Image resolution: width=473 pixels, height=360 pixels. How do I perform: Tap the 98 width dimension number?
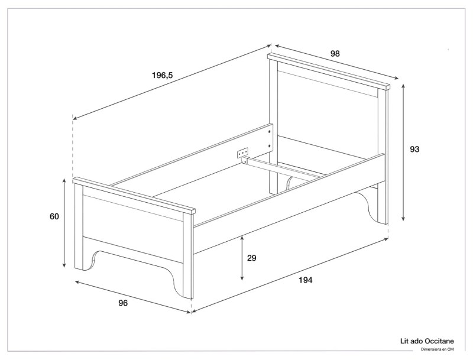click(x=335, y=53)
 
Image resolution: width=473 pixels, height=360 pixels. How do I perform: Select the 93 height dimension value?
click(x=414, y=150)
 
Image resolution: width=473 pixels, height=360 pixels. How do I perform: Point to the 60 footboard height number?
click(x=54, y=216)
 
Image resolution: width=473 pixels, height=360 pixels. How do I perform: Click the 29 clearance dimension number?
click(x=251, y=258)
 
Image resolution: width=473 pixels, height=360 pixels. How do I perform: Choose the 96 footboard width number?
click(x=123, y=303)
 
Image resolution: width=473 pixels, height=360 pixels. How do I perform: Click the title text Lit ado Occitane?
click(x=427, y=342)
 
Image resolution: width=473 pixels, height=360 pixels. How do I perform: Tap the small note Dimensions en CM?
click(x=437, y=349)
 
